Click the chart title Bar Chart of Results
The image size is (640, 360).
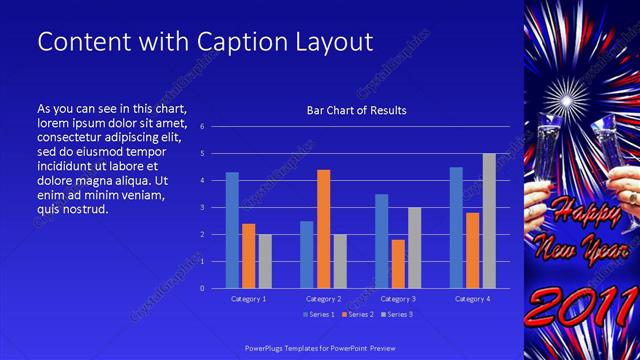(356, 110)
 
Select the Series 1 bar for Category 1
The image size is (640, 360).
(232, 230)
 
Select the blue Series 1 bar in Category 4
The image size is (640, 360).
(456, 227)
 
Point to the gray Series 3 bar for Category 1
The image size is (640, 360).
(265, 261)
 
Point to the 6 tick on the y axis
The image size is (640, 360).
(202, 127)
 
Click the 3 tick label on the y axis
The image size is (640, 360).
(202, 208)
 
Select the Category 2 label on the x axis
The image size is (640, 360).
(324, 299)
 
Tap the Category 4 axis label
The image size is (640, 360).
(472, 299)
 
